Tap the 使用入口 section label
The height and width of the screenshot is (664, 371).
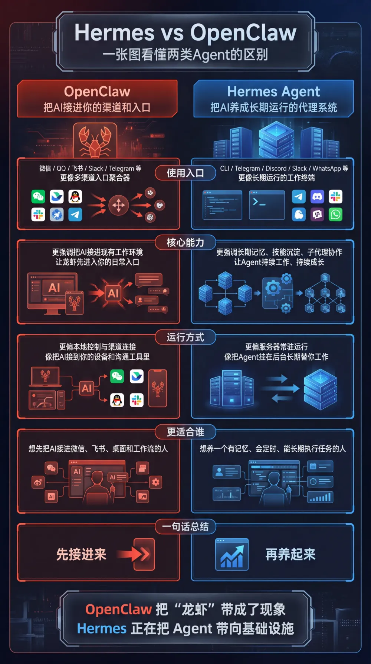point(185,173)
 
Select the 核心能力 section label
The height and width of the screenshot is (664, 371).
point(185,243)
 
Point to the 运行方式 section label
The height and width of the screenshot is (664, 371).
point(185,337)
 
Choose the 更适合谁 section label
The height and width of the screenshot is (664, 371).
point(185,432)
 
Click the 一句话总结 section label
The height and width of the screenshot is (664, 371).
point(185,527)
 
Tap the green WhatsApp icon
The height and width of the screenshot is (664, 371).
point(335,215)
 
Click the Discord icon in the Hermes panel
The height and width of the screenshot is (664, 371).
point(317,197)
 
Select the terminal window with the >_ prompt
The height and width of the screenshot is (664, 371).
point(267,205)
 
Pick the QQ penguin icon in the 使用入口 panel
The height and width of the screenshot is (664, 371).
point(75,197)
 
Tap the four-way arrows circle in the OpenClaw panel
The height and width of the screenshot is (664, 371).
point(118,205)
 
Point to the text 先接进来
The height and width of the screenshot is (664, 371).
point(81,554)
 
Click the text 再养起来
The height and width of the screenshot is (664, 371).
point(290,554)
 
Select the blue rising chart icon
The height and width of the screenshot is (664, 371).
point(232,555)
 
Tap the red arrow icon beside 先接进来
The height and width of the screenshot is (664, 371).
point(143,554)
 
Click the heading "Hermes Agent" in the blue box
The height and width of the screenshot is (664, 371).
point(273,92)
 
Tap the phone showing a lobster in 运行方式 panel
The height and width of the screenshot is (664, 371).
point(158,388)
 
